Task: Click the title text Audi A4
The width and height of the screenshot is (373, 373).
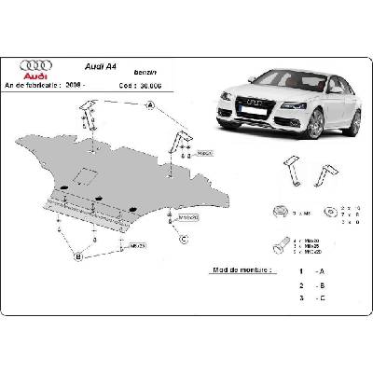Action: [101, 68]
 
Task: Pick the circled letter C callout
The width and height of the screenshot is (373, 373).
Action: [183, 239]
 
